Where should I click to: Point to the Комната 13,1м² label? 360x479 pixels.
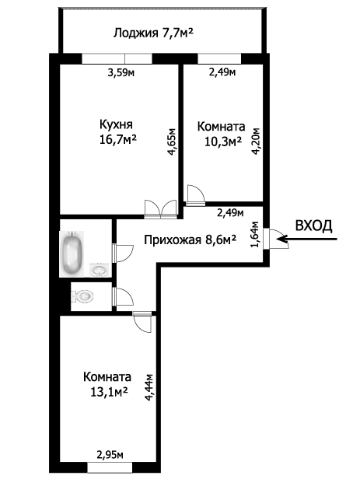click(x=107, y=383)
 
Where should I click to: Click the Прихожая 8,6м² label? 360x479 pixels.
click(x=190, y=239)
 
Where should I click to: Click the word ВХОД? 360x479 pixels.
click(x=314, y=226)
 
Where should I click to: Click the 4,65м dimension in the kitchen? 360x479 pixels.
click(x=172, y=142)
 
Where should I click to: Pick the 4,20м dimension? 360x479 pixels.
click(x=254, y=142)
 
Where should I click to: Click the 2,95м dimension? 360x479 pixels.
click(x=110, y=456)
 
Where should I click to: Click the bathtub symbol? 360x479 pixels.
click(x=72, y=253)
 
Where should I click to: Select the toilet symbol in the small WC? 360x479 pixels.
click(x=82, y=295)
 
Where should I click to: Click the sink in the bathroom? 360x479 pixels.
click(x=99, y=270)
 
